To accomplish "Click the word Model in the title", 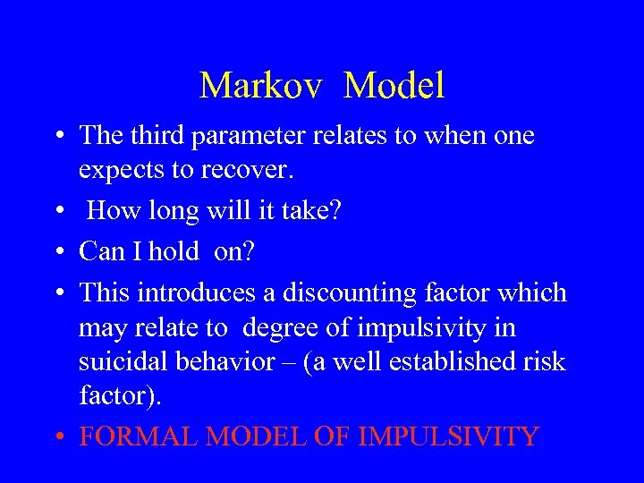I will [x=394, y=86].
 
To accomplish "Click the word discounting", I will [x=352, y=292].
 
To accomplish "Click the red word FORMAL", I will [x=139, y=437].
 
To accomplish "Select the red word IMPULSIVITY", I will [x=448, y=437].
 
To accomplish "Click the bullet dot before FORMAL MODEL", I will [x=57, y=438].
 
